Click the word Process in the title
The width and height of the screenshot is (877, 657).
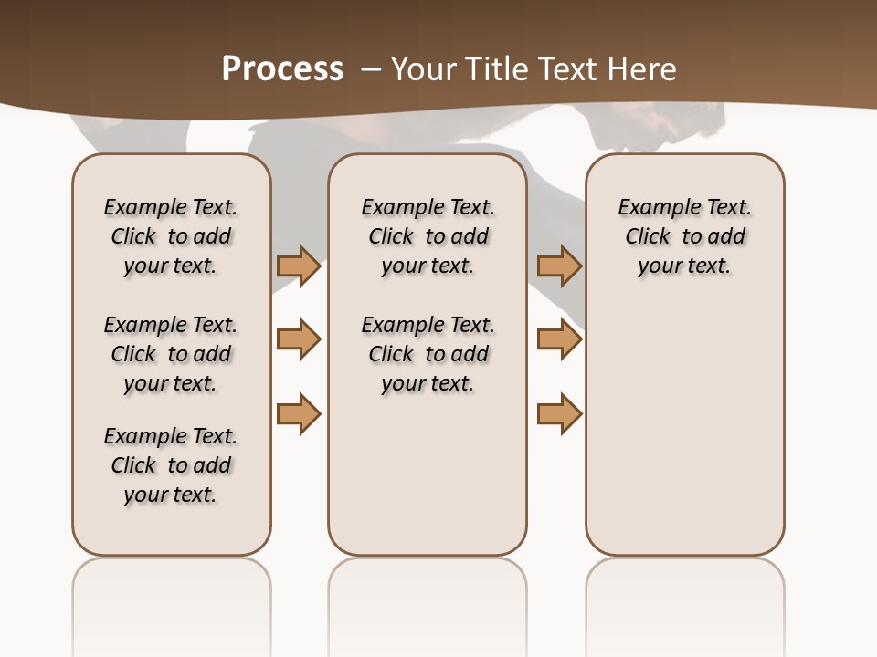point(282,68)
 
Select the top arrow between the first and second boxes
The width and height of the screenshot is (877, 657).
point(298,266)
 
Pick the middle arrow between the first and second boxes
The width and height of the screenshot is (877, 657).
point(298,339)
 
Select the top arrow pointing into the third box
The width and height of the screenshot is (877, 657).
point(559,266)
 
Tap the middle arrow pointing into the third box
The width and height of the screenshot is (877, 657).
point(559,339)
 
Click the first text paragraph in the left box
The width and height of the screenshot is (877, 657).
point(171,236)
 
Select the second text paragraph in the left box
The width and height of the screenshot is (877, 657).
point(171,354)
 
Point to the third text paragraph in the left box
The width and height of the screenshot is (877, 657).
point(171,465)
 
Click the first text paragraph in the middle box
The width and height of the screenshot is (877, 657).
point(428,236)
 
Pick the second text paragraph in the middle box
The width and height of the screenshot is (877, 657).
point(428,354)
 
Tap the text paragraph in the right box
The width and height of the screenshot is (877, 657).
point(684,236)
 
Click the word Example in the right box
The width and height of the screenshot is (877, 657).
point(651,208)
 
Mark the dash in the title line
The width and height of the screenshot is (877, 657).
point(371,69)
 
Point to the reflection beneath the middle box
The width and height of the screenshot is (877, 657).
point(428,593)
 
